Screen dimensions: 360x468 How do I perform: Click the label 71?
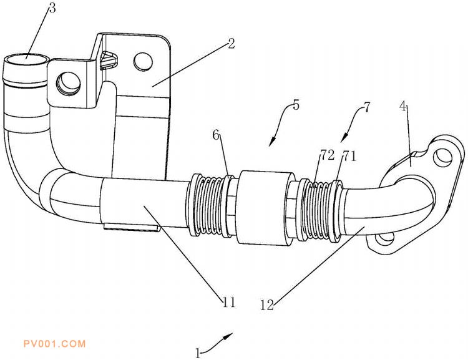tap(349, 155)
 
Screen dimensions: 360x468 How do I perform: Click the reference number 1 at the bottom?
tap(198, 353)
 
